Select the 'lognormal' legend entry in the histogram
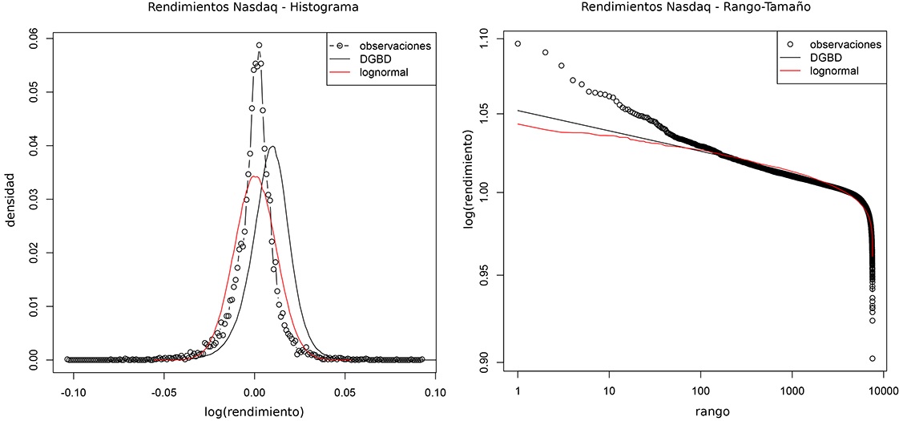[x=385, y=73]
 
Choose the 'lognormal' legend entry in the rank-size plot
[x=834, y=71]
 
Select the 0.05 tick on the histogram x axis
[x=345, y=393]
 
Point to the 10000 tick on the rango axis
[x=879, y=393]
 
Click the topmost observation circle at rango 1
[x=518, y=43]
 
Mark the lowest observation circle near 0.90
[x=872, y=358]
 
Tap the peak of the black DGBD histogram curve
[x=273, y=147]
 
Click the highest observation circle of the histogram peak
[x=259, y=46]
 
